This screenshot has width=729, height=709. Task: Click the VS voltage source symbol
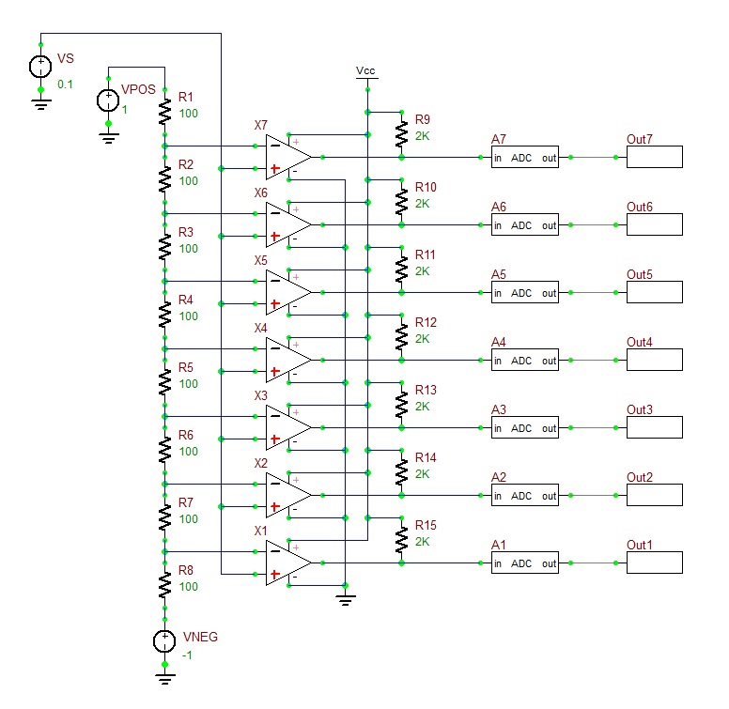click(40, 67)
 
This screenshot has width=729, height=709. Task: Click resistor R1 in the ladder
click(164, 113)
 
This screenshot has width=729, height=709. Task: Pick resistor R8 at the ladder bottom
click(164, 586)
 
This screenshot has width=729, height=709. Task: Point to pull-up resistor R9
click(401, 135)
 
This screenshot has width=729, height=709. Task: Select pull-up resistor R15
click(401, 541)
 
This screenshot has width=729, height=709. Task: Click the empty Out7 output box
click(655, 158)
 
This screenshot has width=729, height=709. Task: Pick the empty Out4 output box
click(655, 361)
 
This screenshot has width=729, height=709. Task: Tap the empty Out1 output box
click(655, 563)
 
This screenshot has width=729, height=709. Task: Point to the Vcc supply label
click(366, 71)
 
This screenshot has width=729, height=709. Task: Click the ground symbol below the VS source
click(40, 103)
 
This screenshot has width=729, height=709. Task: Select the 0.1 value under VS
click(65, 85)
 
